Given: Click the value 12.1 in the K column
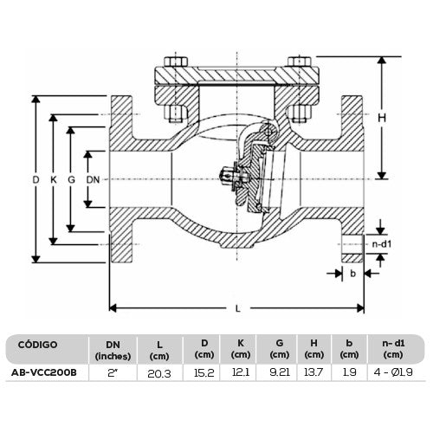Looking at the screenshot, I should click(240, 373).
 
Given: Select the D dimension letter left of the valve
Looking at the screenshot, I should click(36, 180).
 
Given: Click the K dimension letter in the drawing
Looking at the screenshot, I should click(54, 180).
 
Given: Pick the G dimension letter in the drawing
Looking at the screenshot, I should click(71, 180).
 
